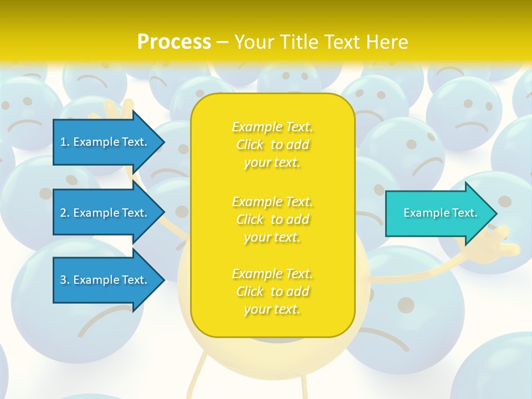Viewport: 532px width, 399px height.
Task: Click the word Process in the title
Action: (x=174, y=42)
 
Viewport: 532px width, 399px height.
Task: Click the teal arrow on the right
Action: (x=438, y=213)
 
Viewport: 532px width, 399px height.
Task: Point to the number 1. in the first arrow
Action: (x=65, y=142)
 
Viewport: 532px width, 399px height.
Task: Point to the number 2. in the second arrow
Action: (x=65, y=213)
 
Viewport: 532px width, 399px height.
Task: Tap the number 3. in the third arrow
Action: (x=65, y=280)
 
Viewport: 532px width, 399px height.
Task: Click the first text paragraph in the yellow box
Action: (x=273, y=145)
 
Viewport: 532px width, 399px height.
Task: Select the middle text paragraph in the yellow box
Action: (x=273, y=219)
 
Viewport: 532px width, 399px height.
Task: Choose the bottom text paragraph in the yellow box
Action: (x=273, y=291)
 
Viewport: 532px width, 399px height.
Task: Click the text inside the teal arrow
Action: (x=441, y=213)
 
